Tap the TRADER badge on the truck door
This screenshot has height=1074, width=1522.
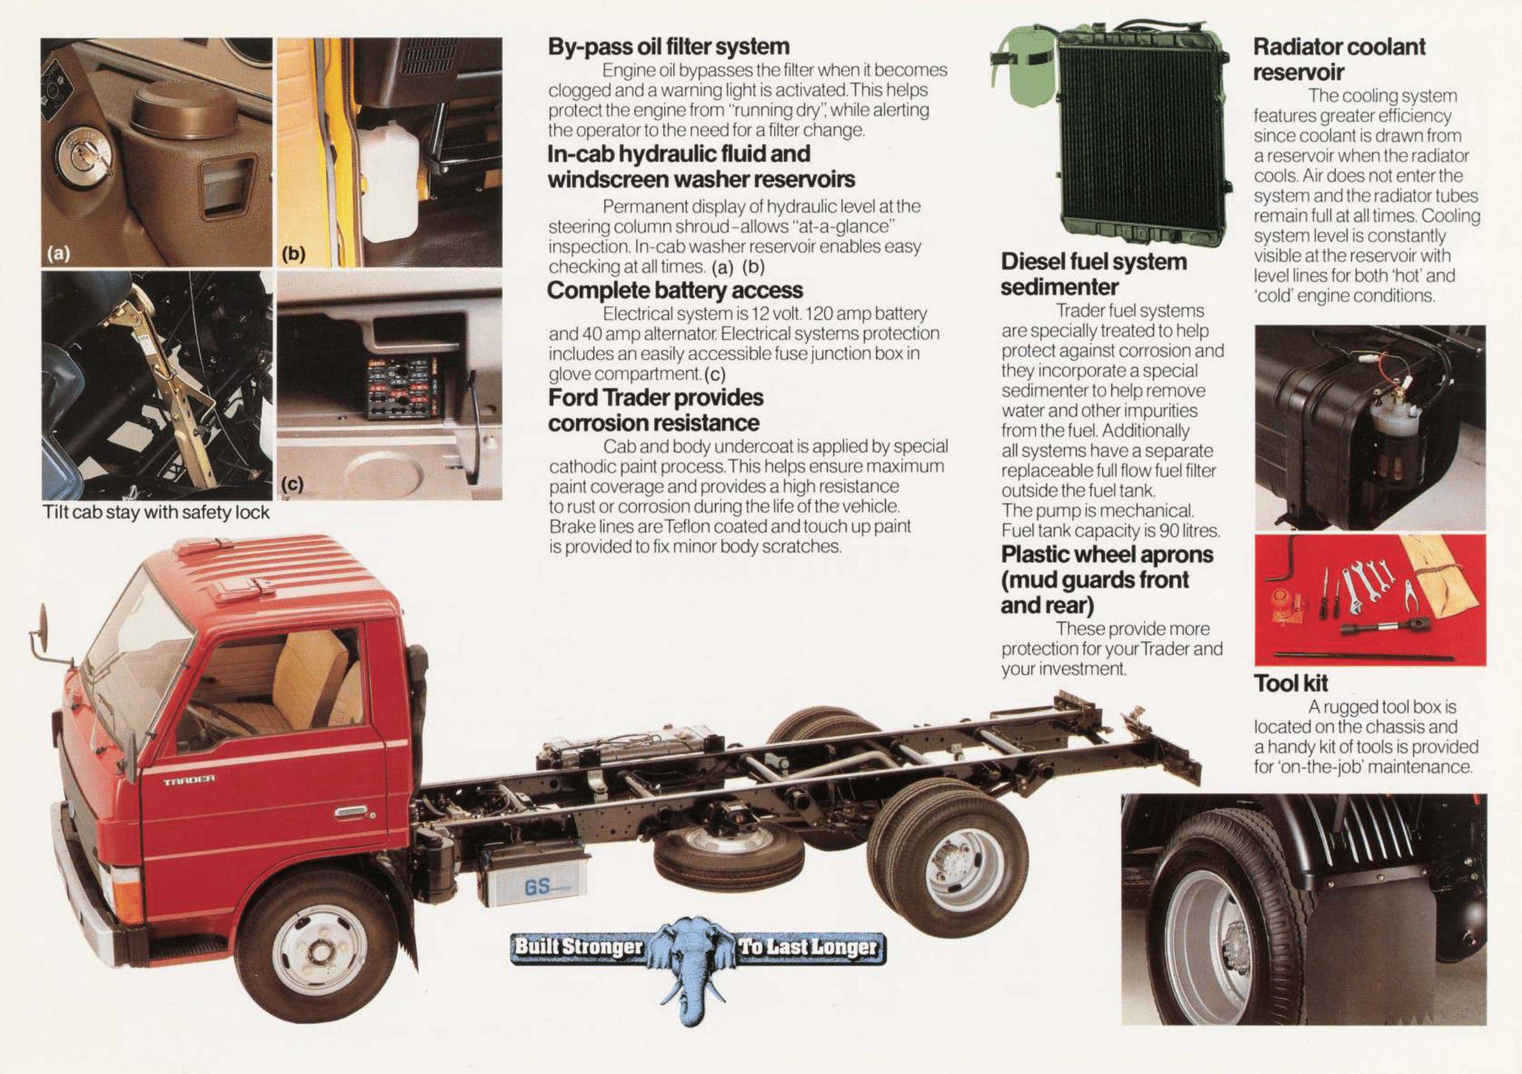190,780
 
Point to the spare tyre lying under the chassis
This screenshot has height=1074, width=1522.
728,854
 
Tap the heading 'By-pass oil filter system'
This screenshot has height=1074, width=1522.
668,47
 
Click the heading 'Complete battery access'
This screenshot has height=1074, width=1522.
675,290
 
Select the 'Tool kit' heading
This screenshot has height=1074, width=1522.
1291,683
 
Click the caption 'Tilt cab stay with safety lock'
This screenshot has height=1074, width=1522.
156,512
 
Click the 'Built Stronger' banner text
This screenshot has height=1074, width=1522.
577,946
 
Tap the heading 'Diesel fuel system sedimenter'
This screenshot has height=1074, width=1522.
1093,274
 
